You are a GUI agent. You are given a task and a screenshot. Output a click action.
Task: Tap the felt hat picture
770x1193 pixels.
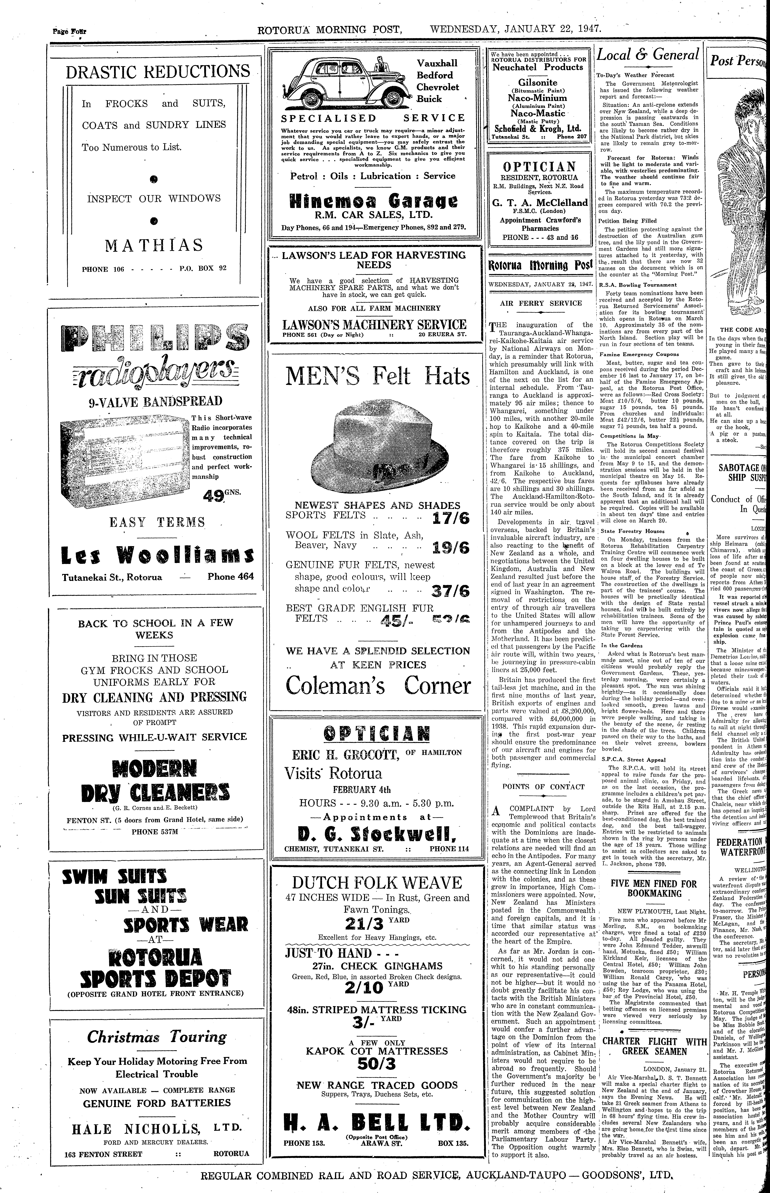(x=379, y=445)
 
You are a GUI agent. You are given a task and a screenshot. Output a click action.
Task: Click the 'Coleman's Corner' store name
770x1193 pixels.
(x=378, y=686)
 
